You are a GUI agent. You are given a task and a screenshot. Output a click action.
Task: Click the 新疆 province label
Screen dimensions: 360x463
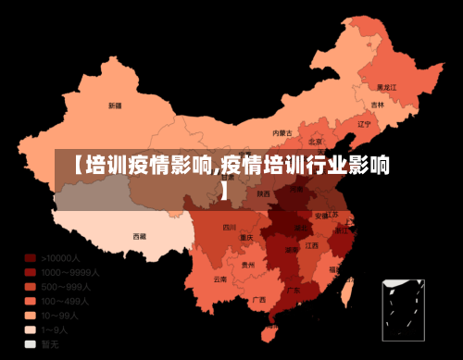[x=115, y=106]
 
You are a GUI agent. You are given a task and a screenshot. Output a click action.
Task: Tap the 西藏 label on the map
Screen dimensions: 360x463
[x=139, y=236]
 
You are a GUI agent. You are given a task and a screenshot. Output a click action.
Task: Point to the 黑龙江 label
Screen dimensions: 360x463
[x=386, y=86]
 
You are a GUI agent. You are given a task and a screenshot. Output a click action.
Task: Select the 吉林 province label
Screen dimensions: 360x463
[x=377, y=105]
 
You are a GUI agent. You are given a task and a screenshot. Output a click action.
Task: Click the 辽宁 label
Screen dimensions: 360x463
[x=363, y=123]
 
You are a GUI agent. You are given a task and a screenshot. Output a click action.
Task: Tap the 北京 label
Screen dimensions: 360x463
[x=316, y=142]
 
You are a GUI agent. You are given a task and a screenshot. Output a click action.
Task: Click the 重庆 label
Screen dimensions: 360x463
[x=245, y=237]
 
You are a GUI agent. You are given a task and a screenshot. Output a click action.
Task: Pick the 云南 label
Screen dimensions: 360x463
[x=219, y=279]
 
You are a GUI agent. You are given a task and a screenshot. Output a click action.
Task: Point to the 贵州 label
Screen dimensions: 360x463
[x=247, y=265]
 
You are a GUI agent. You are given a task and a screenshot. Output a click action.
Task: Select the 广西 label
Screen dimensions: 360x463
[x=258, y=299]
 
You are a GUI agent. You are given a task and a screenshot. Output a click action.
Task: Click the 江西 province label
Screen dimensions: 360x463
[x=312, y=245]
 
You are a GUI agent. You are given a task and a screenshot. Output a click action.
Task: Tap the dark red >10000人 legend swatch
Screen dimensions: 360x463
[x=30, y=258]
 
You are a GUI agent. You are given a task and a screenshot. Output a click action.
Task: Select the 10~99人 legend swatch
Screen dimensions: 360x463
[x=30, y=316]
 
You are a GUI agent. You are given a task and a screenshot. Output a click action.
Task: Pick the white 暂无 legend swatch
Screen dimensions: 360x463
[x=30, y=344]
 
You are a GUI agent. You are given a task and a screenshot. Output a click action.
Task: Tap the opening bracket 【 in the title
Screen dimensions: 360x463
[x=79, y=167]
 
